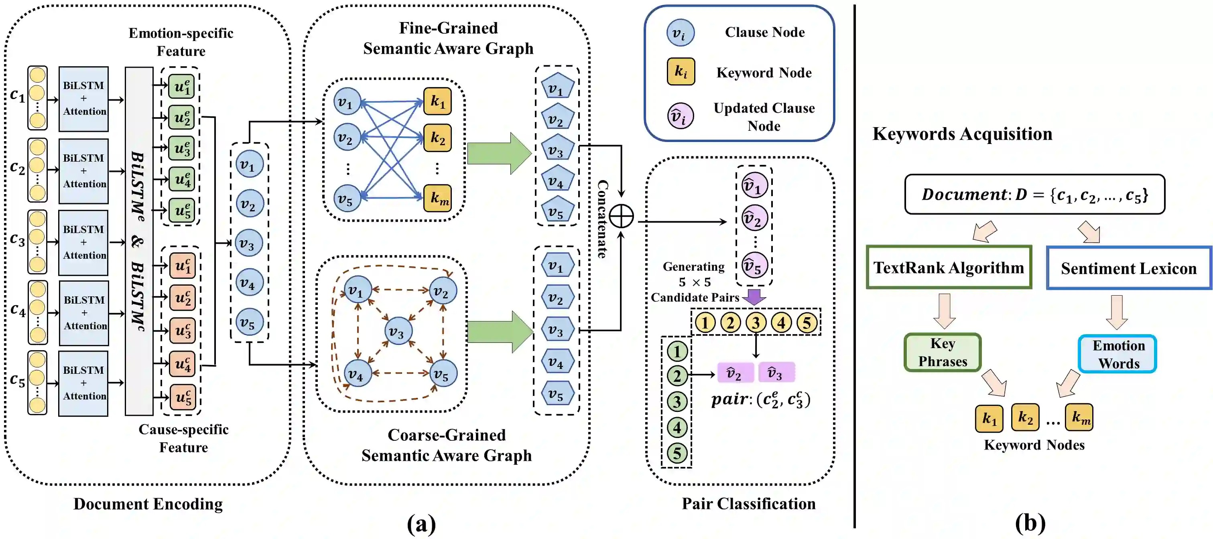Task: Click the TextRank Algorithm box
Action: (949, 267)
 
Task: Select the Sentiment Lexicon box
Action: (1129, 268)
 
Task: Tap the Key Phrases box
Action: (942, 353)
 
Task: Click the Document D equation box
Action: (1034, 195)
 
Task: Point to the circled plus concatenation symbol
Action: (621, 217)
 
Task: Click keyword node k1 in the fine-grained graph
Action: (437, 101)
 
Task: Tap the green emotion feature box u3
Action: (182, 149)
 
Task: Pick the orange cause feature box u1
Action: (182, 266)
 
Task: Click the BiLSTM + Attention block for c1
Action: (84, 99)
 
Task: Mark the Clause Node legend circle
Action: (680, 33)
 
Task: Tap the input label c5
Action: (17, 379)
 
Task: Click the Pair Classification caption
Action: (749, 504)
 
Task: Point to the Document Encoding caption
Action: (148, 504)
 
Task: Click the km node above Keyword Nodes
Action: (1079, 417)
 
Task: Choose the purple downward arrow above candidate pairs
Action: (754, 296)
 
